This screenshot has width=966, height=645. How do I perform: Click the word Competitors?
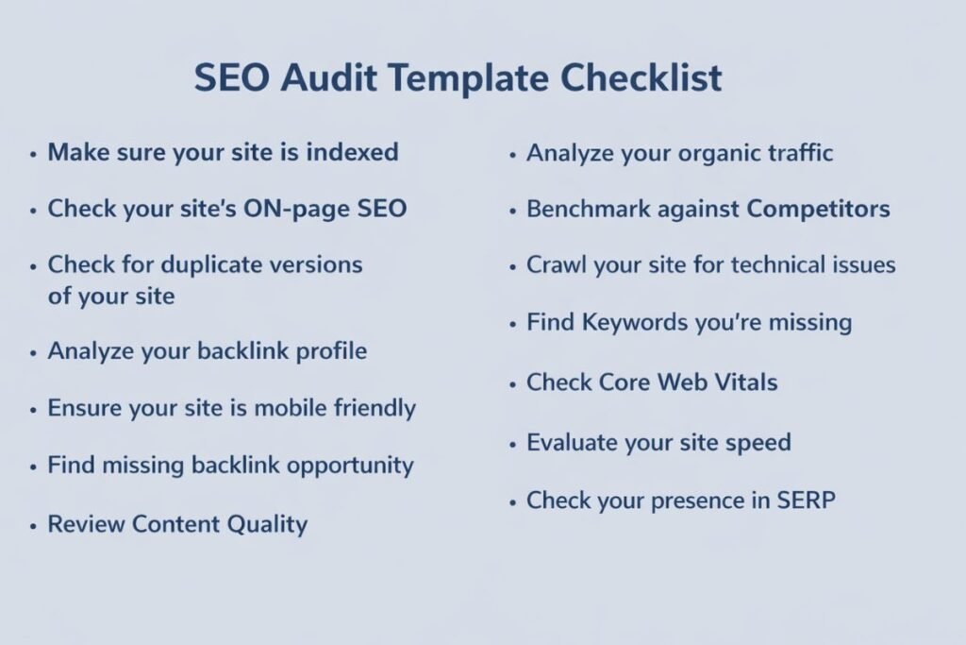point(818,209)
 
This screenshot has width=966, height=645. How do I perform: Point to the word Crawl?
point(557,265)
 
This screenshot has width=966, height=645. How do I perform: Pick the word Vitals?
point(742,382)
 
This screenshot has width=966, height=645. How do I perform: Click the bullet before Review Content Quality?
point(34,524)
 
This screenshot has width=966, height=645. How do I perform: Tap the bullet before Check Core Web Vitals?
point(512,383)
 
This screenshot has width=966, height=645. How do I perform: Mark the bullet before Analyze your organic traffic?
point(512,154)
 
